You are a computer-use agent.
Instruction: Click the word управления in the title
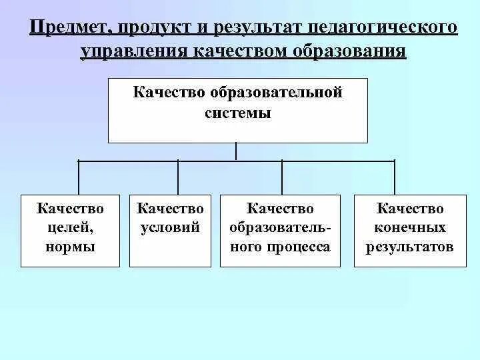coord(133,51)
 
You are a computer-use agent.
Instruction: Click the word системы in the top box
coord(238,113)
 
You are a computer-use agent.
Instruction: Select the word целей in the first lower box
coord(70,228)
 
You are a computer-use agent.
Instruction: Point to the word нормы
coord(70,247)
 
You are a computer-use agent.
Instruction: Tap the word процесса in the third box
coord(299,247)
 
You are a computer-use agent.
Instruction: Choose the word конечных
coord(409,228)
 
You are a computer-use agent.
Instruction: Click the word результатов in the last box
coord(409,247)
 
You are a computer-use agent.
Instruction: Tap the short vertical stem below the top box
coord(236,152)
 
